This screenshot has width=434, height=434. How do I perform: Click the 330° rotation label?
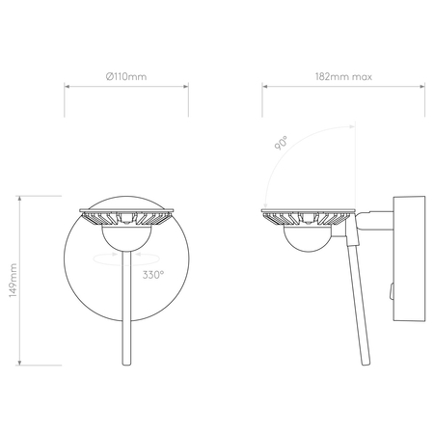[152, 275]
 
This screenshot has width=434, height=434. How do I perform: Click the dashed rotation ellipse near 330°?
[125, 258]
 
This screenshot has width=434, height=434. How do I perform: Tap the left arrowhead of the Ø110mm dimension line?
[68, 88]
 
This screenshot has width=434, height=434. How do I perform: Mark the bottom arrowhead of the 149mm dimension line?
[21, 366]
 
